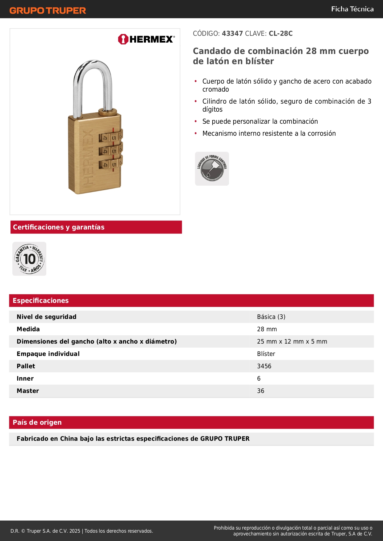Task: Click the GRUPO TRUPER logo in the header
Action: coord(48,10)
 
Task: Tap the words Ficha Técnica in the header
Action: coord(352,9)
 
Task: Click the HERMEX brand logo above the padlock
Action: coord(146,39)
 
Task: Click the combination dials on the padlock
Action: coord(110,151)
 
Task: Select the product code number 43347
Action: coord(232,34)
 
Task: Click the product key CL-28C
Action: coord(281,34)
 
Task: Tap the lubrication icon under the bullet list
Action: coord(212,169)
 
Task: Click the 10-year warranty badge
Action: coord(29,259)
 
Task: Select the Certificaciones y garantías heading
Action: coord(59,227)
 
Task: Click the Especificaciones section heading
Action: coord(41,301)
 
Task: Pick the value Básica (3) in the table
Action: coord(271,317)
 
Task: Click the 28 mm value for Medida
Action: coord(267,329)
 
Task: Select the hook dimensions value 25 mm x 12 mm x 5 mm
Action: coord(292,341)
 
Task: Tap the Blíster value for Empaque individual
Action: coord(266,354)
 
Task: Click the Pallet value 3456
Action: coord(264,366)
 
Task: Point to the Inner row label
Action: coord(25,378)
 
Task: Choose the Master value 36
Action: coord(260,391)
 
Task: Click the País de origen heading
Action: coord(37,423)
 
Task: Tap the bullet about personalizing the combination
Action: coord(260,122)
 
